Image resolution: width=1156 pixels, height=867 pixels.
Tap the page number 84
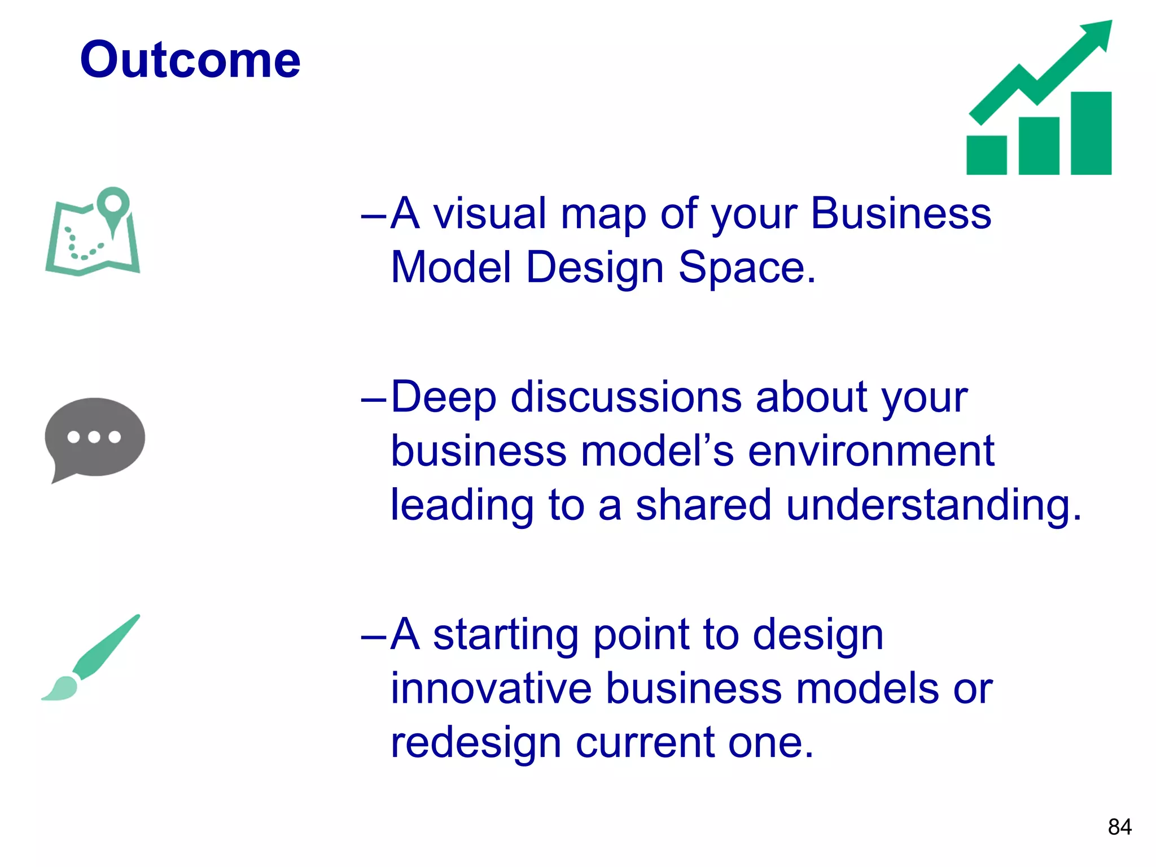pyautogui.click(x=1119, y=827)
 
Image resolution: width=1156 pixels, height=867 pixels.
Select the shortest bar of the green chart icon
pyautogui.click(x=986, y=155)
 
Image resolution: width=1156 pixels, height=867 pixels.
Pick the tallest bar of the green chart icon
pyautogui.click(x=1091, y=133)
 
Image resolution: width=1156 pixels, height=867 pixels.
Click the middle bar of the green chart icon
pyautogui.click(x=1039, y=146)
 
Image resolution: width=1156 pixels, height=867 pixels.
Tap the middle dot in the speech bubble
pyautogui.click(x=94, y=436)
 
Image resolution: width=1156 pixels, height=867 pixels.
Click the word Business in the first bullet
pyautogui.click(x=901, y=214)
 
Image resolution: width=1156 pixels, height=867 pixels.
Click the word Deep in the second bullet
pyautogui.click(x=443, y=397)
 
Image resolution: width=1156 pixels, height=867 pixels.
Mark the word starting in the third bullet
pyautogui.click(x=506, y=636)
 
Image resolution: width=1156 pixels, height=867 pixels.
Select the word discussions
pyautogui.click(x=626, y=397)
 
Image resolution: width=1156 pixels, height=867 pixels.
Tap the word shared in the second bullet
pyautogui.click(x=703, y=505)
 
